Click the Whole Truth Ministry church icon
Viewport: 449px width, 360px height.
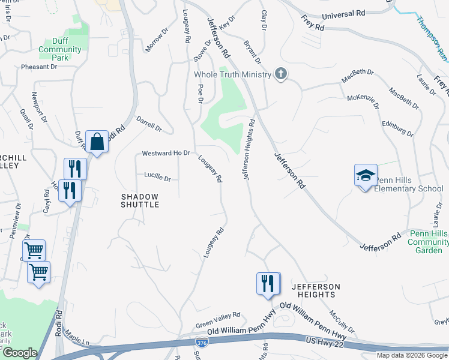(280, 74)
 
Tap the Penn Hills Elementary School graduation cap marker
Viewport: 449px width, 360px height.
(365, 175)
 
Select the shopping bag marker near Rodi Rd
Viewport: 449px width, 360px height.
(97, 142)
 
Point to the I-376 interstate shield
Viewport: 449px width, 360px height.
(202, 342)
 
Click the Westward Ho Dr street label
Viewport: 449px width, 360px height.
(166, 154)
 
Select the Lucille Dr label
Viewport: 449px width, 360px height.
(157, 178)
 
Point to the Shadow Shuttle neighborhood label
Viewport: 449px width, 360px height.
(140, 200)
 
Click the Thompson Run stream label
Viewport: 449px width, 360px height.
(432, 35)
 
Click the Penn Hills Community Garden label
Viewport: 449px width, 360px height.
(428, 242)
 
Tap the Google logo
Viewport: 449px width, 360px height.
(20, 353)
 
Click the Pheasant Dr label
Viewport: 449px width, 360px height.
(39, 67)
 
